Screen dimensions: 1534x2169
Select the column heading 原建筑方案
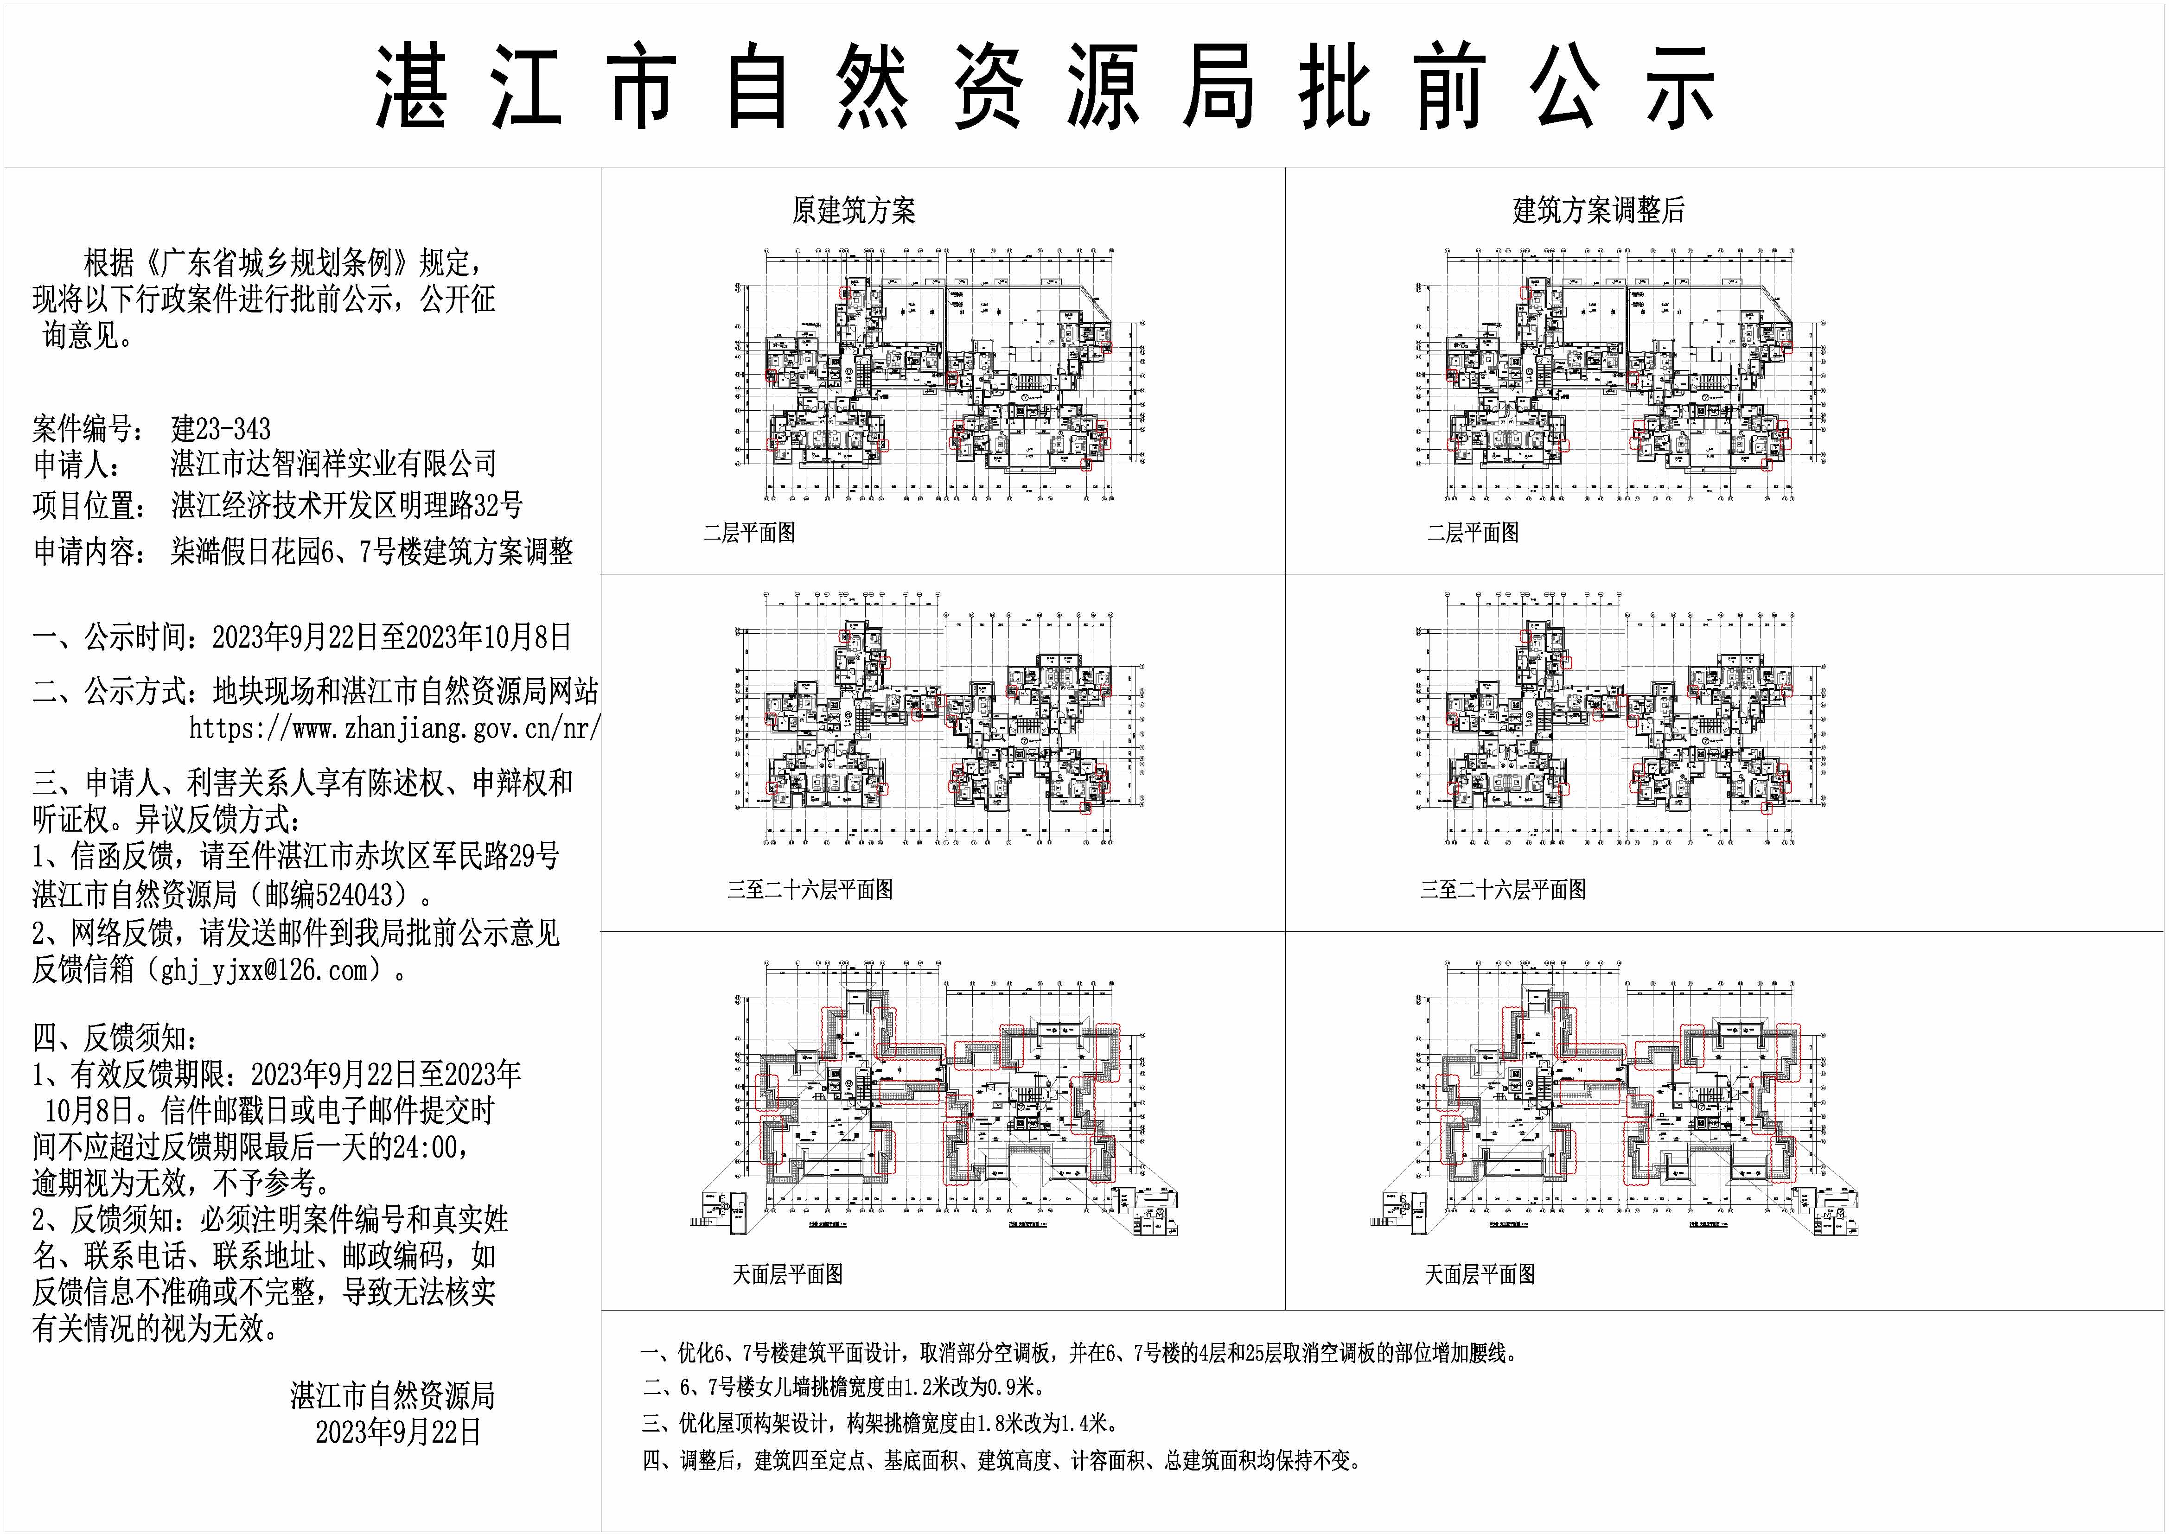(x=853, y=210)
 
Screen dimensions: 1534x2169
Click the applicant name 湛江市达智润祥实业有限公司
(x=333, y=464)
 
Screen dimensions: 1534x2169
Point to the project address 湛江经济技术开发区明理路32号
(x=347, y=506)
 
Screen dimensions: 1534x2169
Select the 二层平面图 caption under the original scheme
(x=749, y=533)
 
